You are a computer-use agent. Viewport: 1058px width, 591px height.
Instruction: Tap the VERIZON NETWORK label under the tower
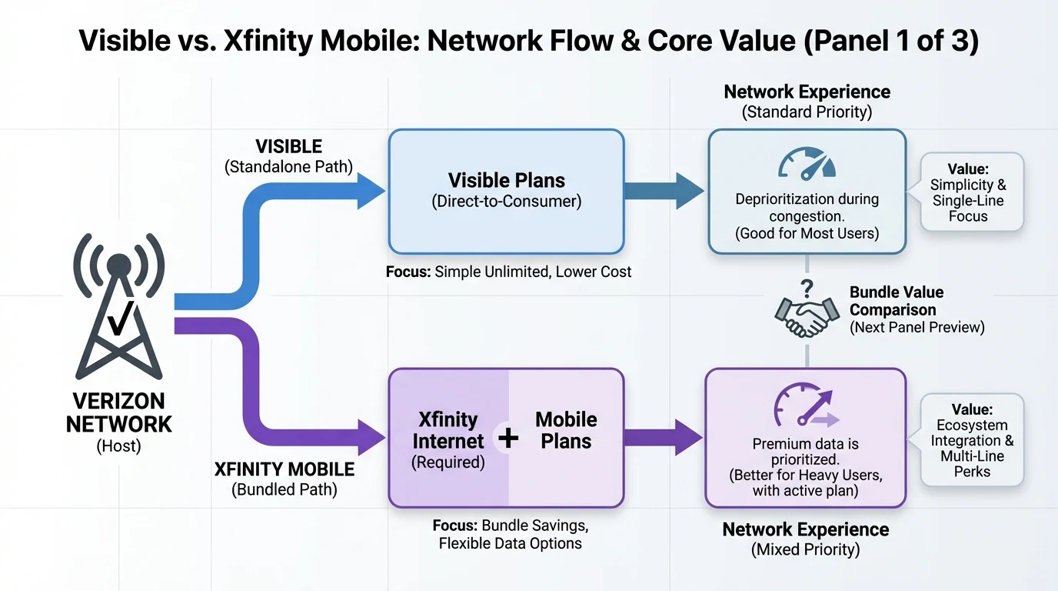pos(118,412)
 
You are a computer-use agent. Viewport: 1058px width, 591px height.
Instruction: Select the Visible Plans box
pos(506,191)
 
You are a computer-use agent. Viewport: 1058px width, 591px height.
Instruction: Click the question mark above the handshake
pos(807,289)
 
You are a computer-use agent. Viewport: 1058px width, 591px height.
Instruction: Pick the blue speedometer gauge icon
pos(807,163)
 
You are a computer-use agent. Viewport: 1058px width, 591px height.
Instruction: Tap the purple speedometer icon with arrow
pos(804,406)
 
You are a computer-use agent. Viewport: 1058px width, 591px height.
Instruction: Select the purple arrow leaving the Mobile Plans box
pos(663,437)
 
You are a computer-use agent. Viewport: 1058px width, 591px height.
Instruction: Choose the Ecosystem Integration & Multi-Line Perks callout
pos(972,440)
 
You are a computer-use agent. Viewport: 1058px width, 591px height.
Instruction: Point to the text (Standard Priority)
pos(807,112)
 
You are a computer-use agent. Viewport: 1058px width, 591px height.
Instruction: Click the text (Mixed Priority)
pos(805,549)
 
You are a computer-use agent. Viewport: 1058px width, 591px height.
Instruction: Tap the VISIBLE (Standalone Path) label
pos(288,155)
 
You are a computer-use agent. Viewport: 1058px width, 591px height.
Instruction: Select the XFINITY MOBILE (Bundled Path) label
pos(284,479)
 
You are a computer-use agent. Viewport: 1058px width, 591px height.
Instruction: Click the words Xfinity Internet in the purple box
pos(448,430)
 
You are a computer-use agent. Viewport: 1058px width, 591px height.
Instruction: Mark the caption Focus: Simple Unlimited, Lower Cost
pos(509,272)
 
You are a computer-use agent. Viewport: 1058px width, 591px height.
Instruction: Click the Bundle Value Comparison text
pos(896,301)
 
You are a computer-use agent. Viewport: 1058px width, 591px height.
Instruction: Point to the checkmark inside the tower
pos(118,318)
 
